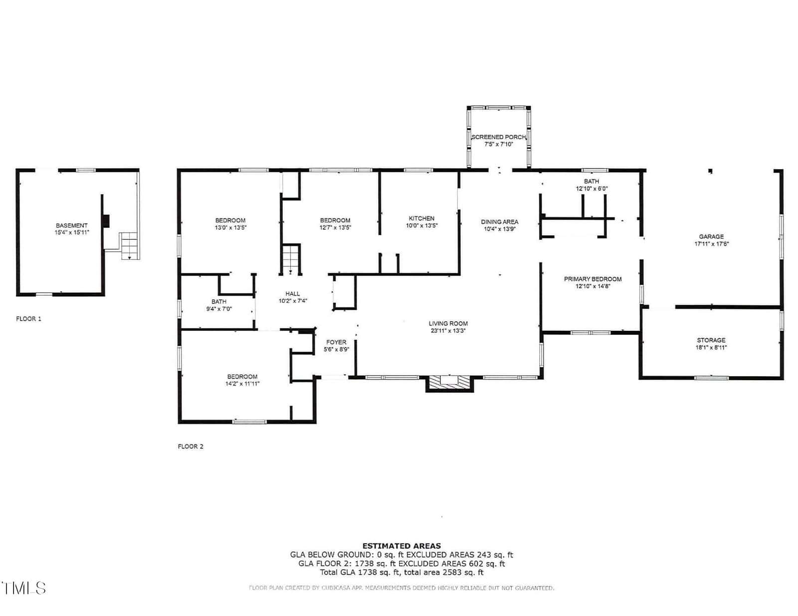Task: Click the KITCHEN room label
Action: (421, 218)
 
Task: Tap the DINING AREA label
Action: (499, 222)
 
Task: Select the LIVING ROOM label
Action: (448, 323)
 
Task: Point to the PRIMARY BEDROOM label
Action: (593, 279)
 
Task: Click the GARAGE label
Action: (711, 237)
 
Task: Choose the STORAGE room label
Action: (711, 340)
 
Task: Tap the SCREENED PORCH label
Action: (498, 137)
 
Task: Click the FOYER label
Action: (336, 342)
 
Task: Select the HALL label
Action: (293, 294)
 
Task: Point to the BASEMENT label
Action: (72, 225)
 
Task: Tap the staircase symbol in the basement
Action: (130, 246)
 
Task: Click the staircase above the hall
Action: (291, 259)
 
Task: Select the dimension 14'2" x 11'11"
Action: (242, 384)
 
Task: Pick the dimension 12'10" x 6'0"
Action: (592, 189)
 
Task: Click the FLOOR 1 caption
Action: (28, 319)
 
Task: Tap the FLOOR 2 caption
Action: (191, 446)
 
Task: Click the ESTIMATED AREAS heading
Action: (402, 546)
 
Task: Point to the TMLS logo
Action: (23, 588)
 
